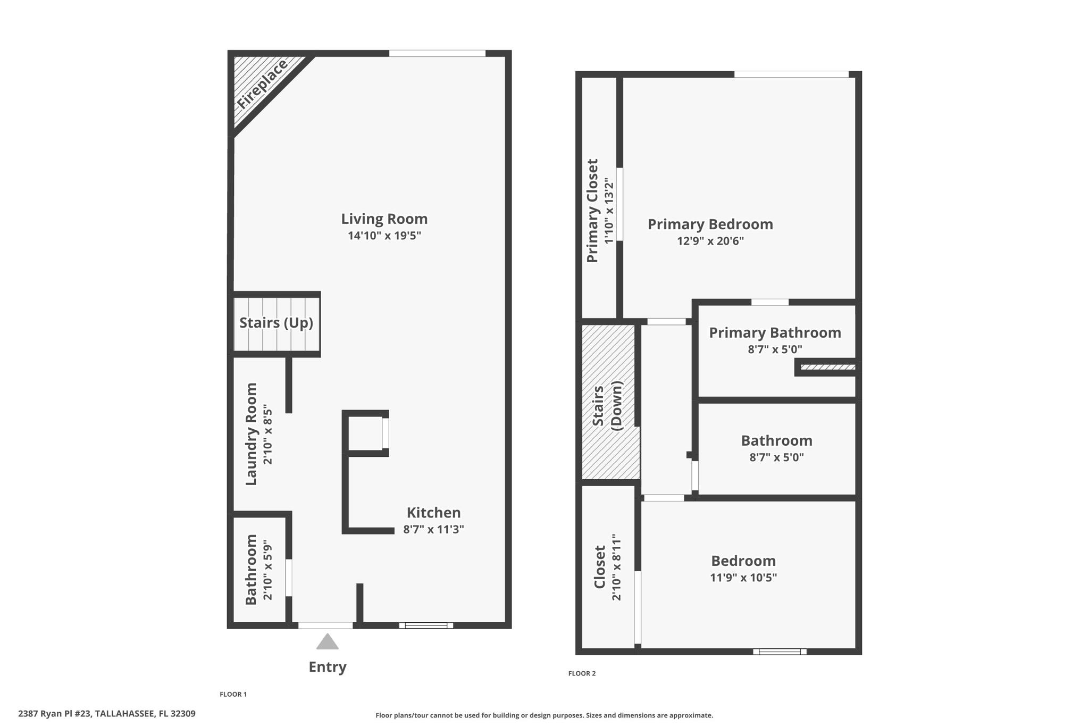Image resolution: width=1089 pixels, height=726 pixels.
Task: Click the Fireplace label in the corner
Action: click(x=262, y=84)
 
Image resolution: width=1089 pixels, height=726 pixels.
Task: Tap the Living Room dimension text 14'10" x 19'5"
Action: click(x=384, y=236)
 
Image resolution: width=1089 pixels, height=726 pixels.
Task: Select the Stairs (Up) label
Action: click(x=276, y=323)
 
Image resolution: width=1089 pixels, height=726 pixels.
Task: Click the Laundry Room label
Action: click(x=251, y=433)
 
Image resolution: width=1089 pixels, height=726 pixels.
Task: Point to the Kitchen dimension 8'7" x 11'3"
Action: click(x=433, y=529)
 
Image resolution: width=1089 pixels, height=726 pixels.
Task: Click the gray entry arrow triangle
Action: click(x=327, y=642)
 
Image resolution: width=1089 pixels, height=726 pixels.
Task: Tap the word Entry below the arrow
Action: click(x=328, y=667)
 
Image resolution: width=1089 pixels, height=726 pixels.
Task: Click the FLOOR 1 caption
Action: click(x=233, y=694)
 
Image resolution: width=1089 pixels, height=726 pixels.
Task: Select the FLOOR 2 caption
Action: click(x=582, y=673)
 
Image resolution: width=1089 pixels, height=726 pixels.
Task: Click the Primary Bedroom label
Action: click(x=710, y=224)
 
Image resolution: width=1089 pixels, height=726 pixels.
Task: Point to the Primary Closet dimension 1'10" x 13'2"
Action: click(x=609, y=211)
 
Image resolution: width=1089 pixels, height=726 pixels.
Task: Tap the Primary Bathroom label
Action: click(x=775, y=333)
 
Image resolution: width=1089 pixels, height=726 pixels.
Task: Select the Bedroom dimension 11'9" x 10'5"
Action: click(x=743, y=578)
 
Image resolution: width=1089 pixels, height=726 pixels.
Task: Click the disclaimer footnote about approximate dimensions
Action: click(x=544, y=715)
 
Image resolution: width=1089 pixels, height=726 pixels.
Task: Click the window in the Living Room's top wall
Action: click(x=437, y=53)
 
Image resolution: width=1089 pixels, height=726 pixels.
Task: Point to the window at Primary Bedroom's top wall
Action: click(x=791, y=74)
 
